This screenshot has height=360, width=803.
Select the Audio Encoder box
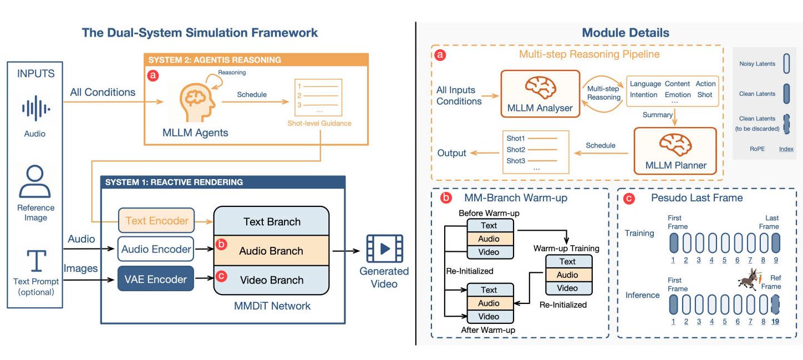(x=156, y=250)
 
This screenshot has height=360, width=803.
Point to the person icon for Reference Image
(x=35, y=182)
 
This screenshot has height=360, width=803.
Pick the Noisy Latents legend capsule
(x=785, y=64)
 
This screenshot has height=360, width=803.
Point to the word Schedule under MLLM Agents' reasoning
(x=252, y=94)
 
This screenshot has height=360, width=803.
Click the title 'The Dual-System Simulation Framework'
(x=200, y=32)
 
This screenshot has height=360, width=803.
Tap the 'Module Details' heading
(x=625, y=33)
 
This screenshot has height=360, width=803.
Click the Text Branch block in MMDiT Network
(x=272, y=222)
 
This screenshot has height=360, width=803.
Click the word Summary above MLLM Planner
(x=657, y=115)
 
